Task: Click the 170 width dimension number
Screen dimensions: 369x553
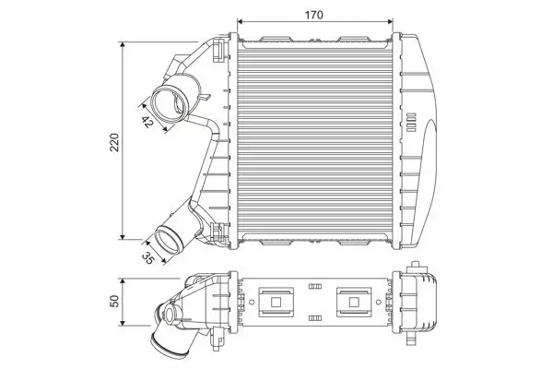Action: tap(316, 13)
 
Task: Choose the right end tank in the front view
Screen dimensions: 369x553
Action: tap(419, 138)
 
